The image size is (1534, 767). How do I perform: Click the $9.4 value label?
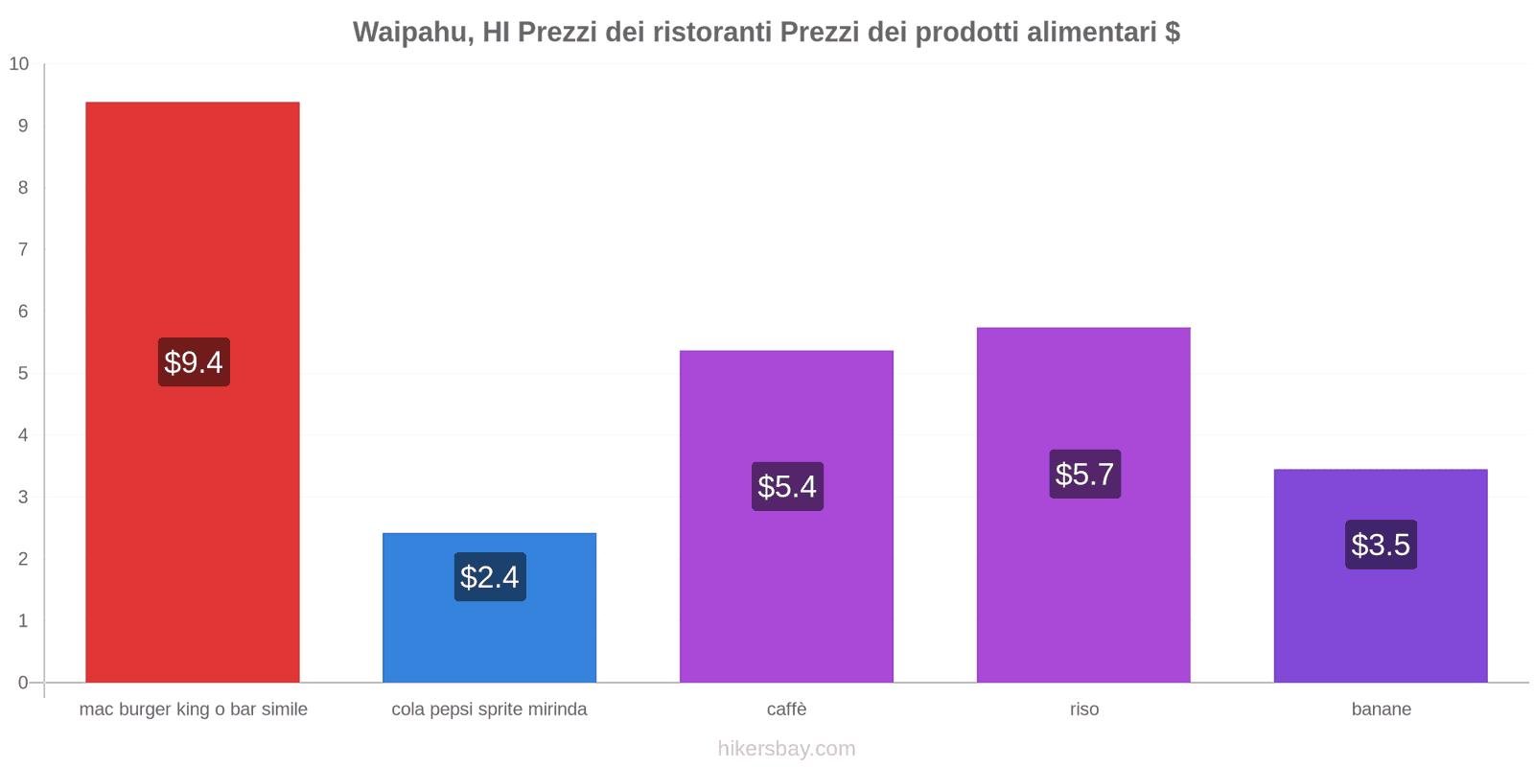(194, 362)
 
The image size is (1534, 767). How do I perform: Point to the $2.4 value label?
(490, 577)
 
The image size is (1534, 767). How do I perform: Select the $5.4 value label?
(787, 487)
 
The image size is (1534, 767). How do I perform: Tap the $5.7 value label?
(1084, 475)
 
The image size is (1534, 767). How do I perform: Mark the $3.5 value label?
(1381, 545)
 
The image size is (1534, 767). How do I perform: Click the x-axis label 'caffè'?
(787, 709)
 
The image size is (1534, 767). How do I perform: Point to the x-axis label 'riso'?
(1084, 709)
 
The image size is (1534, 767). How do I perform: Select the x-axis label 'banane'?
(1381, 709)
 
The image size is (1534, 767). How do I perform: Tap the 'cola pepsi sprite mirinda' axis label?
(489, 709)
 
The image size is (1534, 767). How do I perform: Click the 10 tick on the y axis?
(19, 64)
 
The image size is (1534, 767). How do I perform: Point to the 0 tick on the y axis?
(23, 683)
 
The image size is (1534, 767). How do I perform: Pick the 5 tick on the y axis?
(23, 373)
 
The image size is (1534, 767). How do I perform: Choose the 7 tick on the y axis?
(23, 249)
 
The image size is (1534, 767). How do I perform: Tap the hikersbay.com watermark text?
(786, 749)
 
